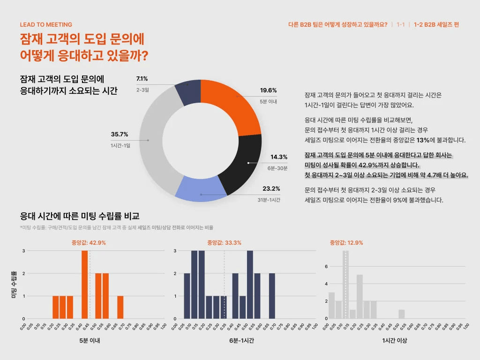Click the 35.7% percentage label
pos(120,135)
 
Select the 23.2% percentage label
pos(271,189)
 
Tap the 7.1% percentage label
pos(142,79)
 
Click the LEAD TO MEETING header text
pos(46,25)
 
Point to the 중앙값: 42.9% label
pos(85,243)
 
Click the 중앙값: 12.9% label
pos(346,243)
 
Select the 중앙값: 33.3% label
pos(224,243)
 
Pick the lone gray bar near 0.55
pos(402,314)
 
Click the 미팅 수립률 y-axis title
pos(14,284)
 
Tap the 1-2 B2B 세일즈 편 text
pos(436,25)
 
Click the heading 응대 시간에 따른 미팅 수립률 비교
pos(80,216)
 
